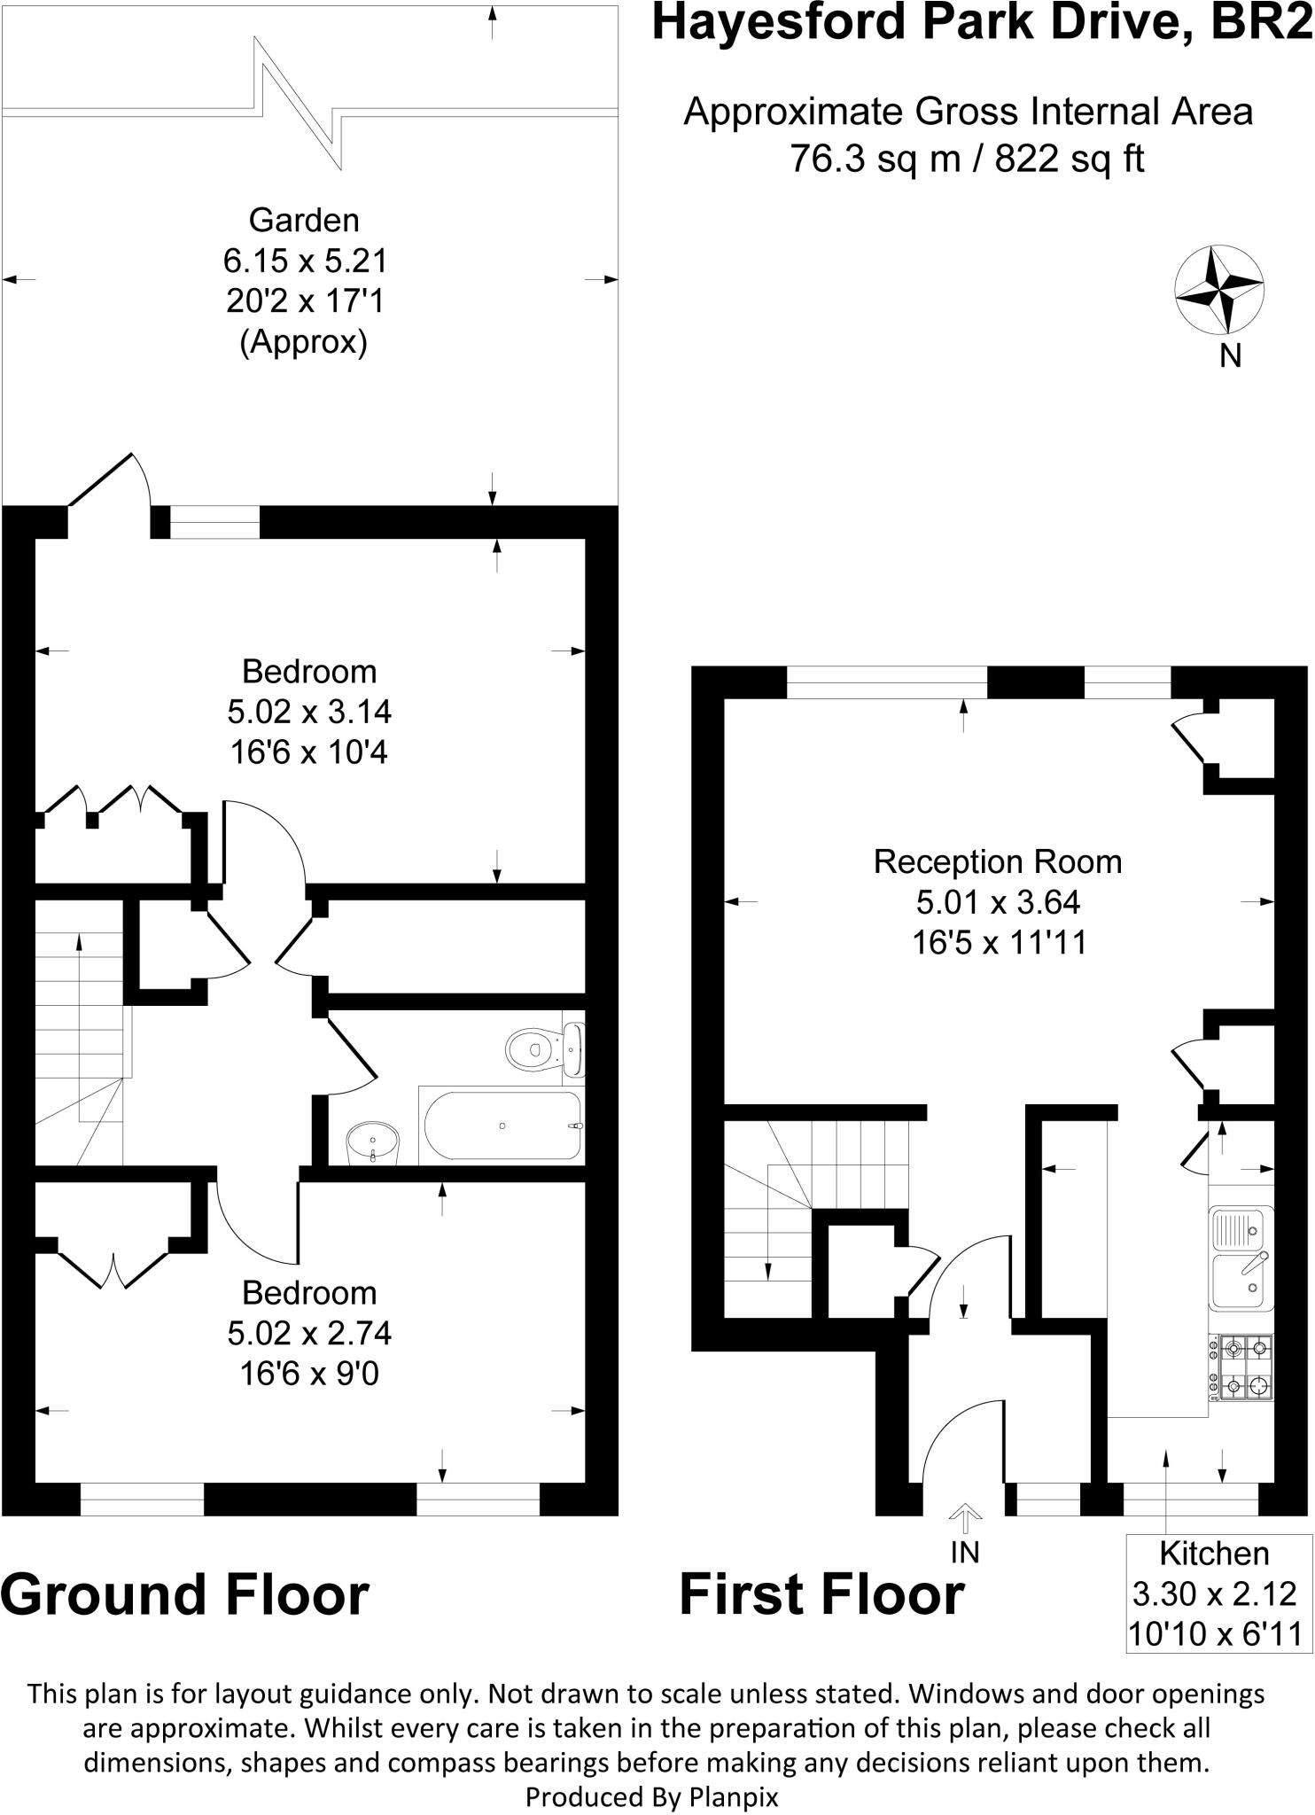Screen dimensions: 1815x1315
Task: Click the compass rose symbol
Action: click(x=1218, y=291)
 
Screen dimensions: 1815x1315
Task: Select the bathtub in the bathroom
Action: click(x=502, y=1126)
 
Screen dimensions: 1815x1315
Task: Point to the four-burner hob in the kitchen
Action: click(x=1242, y=1367)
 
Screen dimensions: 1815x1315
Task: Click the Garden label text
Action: click(x=304, y=220)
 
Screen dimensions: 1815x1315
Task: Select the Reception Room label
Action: click(x=998, y=861)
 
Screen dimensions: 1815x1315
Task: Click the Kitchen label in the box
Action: click(x=1214, y=1553)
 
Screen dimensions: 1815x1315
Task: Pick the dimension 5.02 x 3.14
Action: click(x=309, y=712)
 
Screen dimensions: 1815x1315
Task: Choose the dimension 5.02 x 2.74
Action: click(x=309, y=1333)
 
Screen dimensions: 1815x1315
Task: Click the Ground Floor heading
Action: click(x=184, y=1594)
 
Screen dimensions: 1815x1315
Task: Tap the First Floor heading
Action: click(x=821, y=1594)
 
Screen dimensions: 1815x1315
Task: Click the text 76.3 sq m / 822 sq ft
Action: click(x=967, y=160)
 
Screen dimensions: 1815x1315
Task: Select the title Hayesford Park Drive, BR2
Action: click(x=982, y=24)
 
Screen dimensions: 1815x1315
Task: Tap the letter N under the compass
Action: click(x=1230, y=355)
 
